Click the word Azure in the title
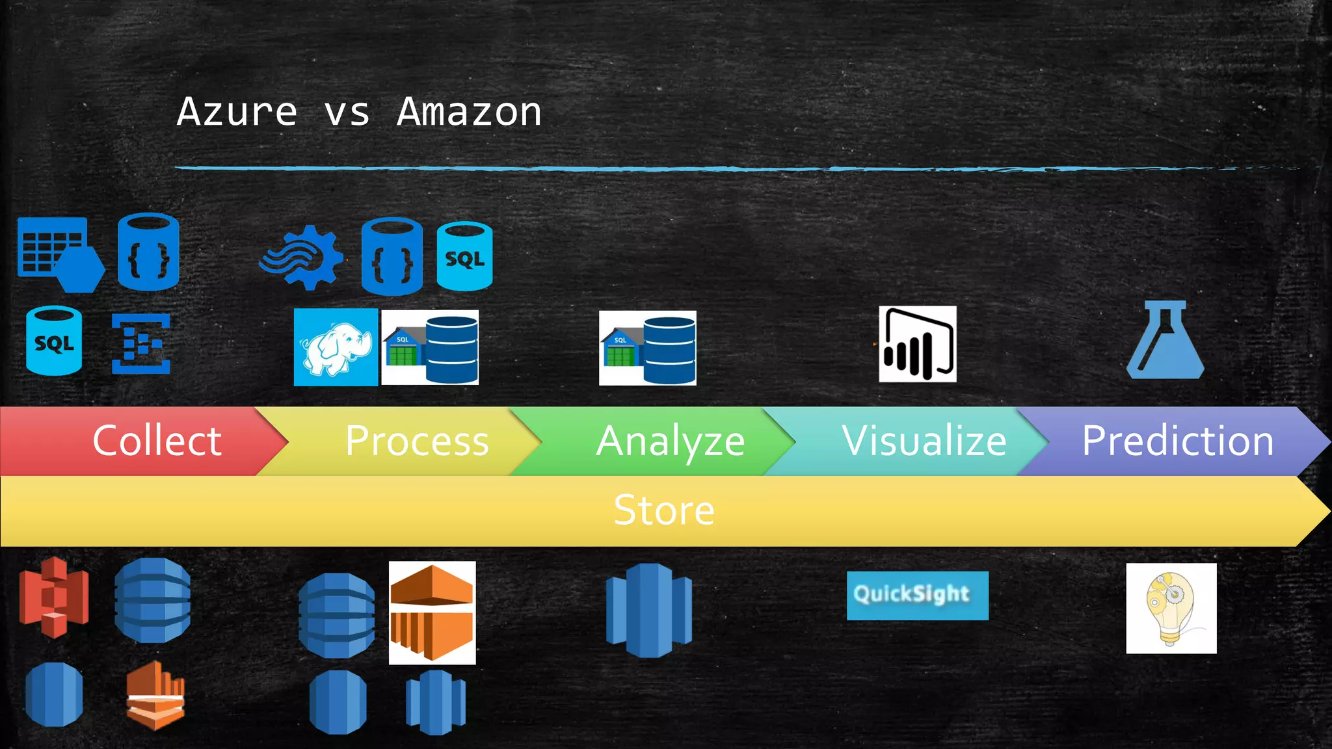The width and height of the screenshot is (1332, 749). tap(237, 112)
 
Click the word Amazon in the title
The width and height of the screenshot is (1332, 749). tap(469, 112)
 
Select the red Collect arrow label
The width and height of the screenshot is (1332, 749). tap(157, 441)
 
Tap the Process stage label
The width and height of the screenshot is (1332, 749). tap(417, 441)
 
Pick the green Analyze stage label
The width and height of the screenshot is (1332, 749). tap(670, 441)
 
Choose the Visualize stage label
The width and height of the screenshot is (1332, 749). tap(924, 441)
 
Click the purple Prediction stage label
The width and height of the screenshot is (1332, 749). tap(1177, 441)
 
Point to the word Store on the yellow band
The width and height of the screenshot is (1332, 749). tap(664, 510)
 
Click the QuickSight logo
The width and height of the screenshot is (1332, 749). tap(917, 595)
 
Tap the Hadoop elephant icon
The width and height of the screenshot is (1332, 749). tap(336, 347)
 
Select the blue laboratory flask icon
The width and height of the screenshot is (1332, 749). tap(1165, 340)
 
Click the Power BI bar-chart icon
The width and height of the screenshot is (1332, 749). tap(917, 344)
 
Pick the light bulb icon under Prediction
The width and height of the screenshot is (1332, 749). tap(1171, 608)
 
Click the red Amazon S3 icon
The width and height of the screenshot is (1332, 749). tap(53, 597)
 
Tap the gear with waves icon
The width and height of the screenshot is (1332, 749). tap(302, 257)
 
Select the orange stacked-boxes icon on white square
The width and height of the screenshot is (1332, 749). tap(432, 612)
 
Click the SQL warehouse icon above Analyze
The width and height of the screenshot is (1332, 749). tap(647, 348)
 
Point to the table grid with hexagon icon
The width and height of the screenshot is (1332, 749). tap(60, 254)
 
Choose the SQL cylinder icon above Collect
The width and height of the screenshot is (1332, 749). tap(54, 341)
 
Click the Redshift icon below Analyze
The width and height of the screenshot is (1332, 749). tap(648, 610)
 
